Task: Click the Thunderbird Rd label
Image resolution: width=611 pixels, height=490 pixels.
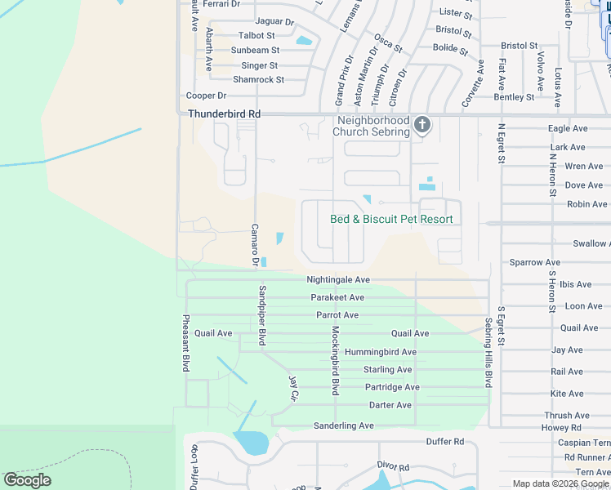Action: (224, 114)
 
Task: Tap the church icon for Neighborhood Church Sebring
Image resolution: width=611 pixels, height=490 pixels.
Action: (421, 124)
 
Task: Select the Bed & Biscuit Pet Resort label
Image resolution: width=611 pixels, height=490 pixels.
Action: (390, 219)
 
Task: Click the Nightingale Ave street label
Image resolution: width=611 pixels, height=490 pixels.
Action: (338, 279)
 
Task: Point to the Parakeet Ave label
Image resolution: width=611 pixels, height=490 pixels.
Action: (337, 297)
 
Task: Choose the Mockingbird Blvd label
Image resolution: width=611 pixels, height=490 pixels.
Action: (335, 359)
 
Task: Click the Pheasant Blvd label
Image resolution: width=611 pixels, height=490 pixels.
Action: (186, 343)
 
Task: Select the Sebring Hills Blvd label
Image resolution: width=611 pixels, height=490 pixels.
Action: (489, 352)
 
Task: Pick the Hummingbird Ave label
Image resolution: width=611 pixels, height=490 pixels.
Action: (380, 352)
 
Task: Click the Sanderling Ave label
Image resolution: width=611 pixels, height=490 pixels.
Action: (343, 425)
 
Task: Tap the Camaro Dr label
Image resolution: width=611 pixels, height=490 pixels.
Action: (254, 244)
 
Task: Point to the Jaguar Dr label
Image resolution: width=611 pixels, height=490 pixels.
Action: (274, 21)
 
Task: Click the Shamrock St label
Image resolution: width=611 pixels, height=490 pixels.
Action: (258, 79)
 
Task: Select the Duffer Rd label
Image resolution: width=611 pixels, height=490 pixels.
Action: (444, 442)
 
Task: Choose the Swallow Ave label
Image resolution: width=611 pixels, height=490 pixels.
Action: (590, 243)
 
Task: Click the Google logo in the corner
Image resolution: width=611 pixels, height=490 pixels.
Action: (28, 479)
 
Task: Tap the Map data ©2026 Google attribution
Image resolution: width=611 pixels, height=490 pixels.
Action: (560, 483)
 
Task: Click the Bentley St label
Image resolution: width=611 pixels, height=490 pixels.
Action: (514, 96)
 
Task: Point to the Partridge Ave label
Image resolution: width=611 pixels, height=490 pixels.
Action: (391, 387)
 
